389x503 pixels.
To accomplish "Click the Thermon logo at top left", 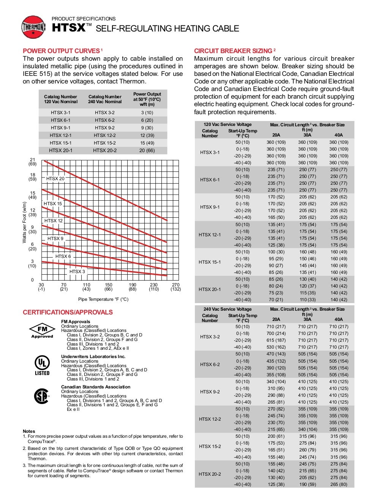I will [x=33, y=27].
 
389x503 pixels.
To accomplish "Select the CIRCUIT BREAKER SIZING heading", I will [x=233, y=51].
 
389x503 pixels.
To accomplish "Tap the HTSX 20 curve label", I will [x=55, y=179].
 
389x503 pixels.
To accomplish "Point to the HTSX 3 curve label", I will [x=77, y=272].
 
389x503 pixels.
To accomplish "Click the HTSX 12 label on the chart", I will [x=54, y=221].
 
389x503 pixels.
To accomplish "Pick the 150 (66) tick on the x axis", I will [x=109, y=287].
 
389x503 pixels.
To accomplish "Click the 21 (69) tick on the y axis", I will [x=32, y=162].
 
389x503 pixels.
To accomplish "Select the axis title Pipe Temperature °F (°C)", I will [x=103, y=299].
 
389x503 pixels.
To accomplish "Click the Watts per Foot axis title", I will [x=25, y=223].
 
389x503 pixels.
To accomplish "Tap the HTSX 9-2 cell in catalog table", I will [x=105, y=128].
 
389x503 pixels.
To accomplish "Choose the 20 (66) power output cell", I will [x=147, y=151].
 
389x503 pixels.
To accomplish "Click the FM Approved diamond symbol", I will [x=42, y=330].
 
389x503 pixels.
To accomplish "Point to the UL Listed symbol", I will [x=42, y=365].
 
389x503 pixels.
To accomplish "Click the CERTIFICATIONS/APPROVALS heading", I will [x=68, y=312].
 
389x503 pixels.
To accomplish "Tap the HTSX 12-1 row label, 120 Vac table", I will [x=210, y=235].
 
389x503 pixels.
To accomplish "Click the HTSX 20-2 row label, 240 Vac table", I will [x=210, y=474].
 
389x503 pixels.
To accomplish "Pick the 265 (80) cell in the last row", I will [x=338, y=484].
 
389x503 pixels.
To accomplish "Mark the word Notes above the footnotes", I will [x=29, y=431].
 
